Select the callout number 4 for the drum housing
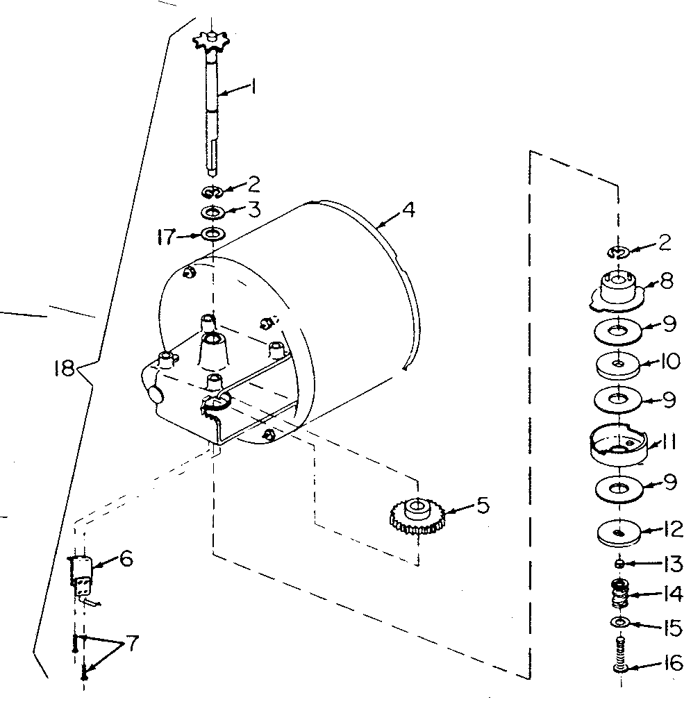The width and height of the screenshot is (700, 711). click(409, 208)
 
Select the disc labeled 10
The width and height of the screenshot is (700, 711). click(617, 364)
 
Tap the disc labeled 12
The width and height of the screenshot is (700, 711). click(617, 533)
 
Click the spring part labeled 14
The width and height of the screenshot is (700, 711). click(619, 594)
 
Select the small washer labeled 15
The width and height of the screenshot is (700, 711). click(620, 620)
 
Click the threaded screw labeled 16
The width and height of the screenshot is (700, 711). click(621, 656)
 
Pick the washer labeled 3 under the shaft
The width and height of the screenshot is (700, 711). click(212, 211)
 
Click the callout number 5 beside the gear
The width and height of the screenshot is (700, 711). click(481, 505)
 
